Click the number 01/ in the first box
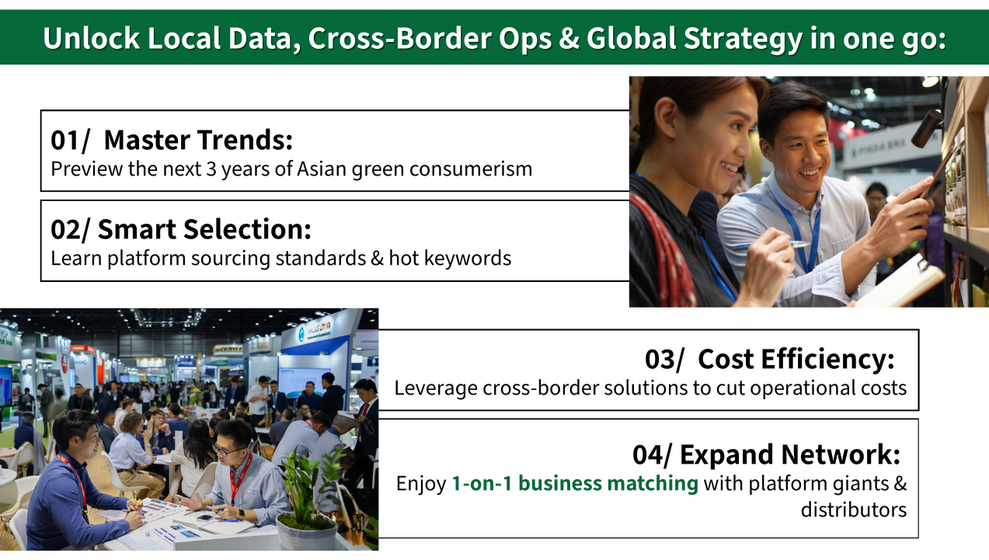pos(70,141)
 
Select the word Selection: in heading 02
pos(247,229)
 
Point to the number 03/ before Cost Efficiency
pos(664,360)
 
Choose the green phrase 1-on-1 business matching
pos(575,483)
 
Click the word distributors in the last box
pos(854,510)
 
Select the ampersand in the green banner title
pos(568,38)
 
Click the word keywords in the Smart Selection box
pos(468,258)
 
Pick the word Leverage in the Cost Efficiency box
pos(436,389)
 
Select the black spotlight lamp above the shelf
pos(927,128)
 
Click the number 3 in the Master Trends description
pos(211,169)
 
